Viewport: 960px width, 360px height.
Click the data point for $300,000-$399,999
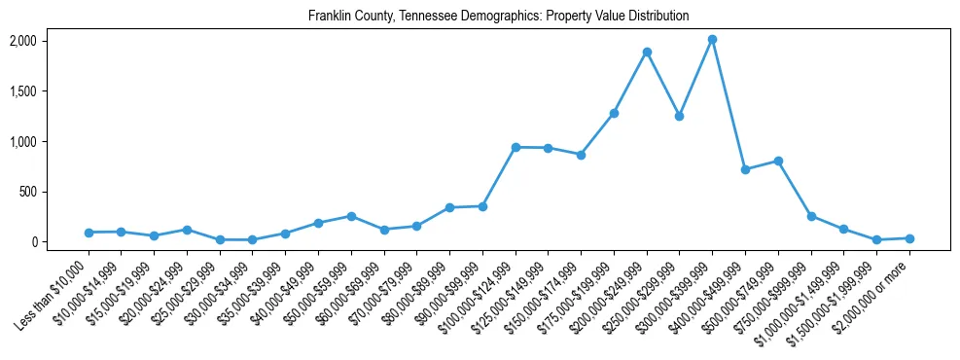tap(712, 40)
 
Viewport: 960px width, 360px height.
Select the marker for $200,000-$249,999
tap(647, 52)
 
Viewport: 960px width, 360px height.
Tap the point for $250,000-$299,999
tap(679, 116)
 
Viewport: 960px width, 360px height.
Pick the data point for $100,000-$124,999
tap(516, 147)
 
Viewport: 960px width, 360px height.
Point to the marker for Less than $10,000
tap(89, 233)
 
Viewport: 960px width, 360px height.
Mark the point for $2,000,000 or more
tap(909, 238)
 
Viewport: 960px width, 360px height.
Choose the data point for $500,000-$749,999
tap(778, 161)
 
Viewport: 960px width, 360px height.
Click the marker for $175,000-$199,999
tap(614, 113)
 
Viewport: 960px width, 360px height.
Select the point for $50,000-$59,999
tap(351, 216)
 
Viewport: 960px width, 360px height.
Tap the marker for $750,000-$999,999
tap(811, 216)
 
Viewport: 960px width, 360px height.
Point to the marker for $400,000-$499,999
tap(745, 169)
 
